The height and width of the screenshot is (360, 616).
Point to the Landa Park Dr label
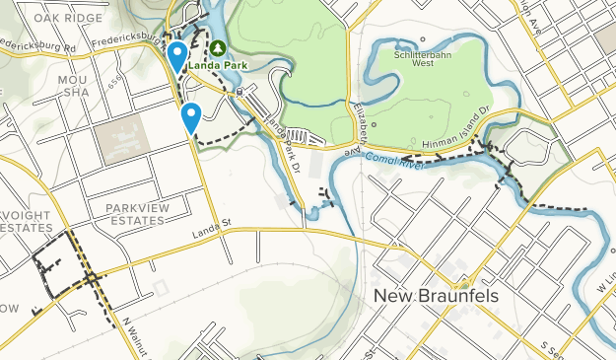click(285, 146)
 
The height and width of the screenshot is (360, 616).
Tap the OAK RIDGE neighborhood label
click(67, 18)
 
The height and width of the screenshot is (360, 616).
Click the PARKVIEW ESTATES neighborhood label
click(135, 214)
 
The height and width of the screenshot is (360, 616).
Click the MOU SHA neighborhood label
click(73, 85)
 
